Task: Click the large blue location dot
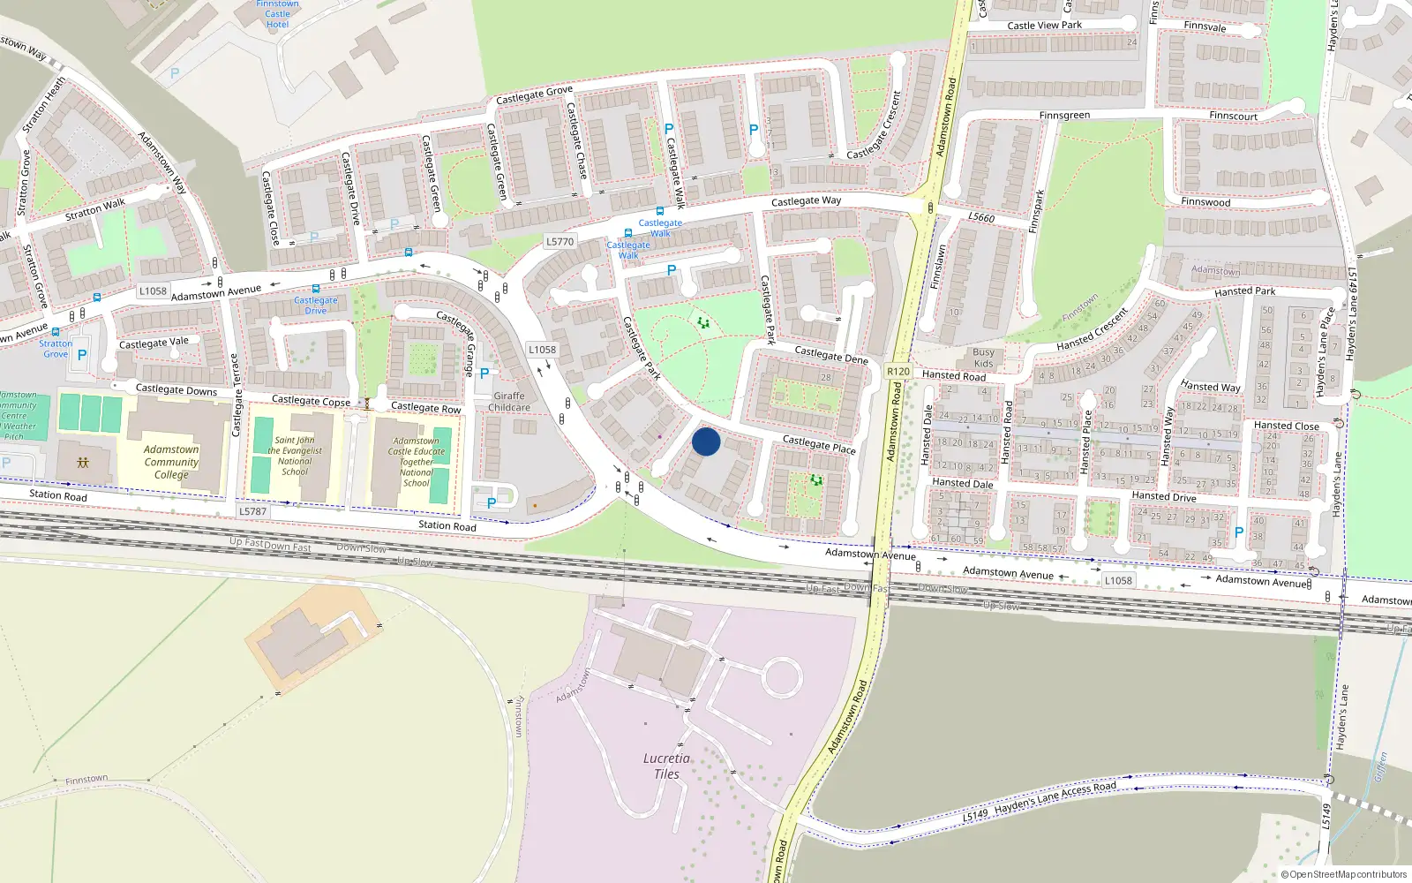(x=706, y=441)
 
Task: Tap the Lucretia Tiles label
(x=666, y=766)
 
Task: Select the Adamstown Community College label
(x=171, y=461)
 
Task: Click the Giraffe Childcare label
(x=509, y=402)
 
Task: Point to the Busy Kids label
(x=983, y=358)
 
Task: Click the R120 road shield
(x=898, y=372)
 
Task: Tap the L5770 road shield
(x=560, y=241)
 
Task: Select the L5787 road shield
(x=252, y=511)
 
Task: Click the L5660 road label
(x=980, y=217)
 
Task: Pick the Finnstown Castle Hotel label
(x=277, y=14)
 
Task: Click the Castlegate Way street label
(x=806, y=201)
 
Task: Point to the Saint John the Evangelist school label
(x=295, y=456)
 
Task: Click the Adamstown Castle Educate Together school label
(x=417, y=462)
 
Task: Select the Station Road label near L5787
(x=58, y=495)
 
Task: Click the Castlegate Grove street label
(x=534, y=94)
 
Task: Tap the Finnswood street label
(x=1205, y=202)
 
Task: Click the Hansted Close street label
(x=1286, y=426)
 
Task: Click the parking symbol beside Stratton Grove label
(x=82, y=355)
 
